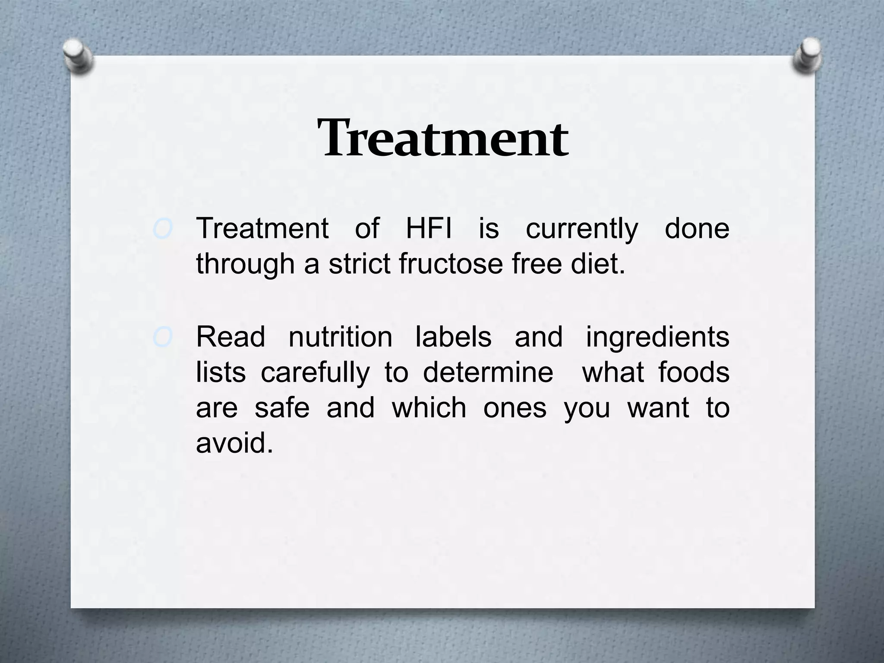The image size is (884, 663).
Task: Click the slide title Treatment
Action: (x=442, y=139)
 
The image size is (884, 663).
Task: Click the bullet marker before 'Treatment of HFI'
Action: (x=163, y=229)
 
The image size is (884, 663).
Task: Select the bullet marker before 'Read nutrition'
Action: (x=163, y=338)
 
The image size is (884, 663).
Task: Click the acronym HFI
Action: (x=429, y=228)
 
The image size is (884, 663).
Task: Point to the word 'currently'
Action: (x=581, y=229)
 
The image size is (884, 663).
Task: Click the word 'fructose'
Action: (x=451, y=264)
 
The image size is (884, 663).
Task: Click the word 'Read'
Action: (x=230, y=337)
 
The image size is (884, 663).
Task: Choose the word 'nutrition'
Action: (x=340, y=337)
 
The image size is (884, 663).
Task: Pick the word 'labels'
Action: (x=453, y=337)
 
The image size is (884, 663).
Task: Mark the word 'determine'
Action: (x=488, y=373)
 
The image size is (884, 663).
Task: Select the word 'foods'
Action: (x=694, y=373)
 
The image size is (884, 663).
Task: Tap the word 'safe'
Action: (x=282, y=408)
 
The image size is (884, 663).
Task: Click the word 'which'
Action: (x=429, y=408)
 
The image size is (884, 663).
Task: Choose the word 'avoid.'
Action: (x=234, y=444)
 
